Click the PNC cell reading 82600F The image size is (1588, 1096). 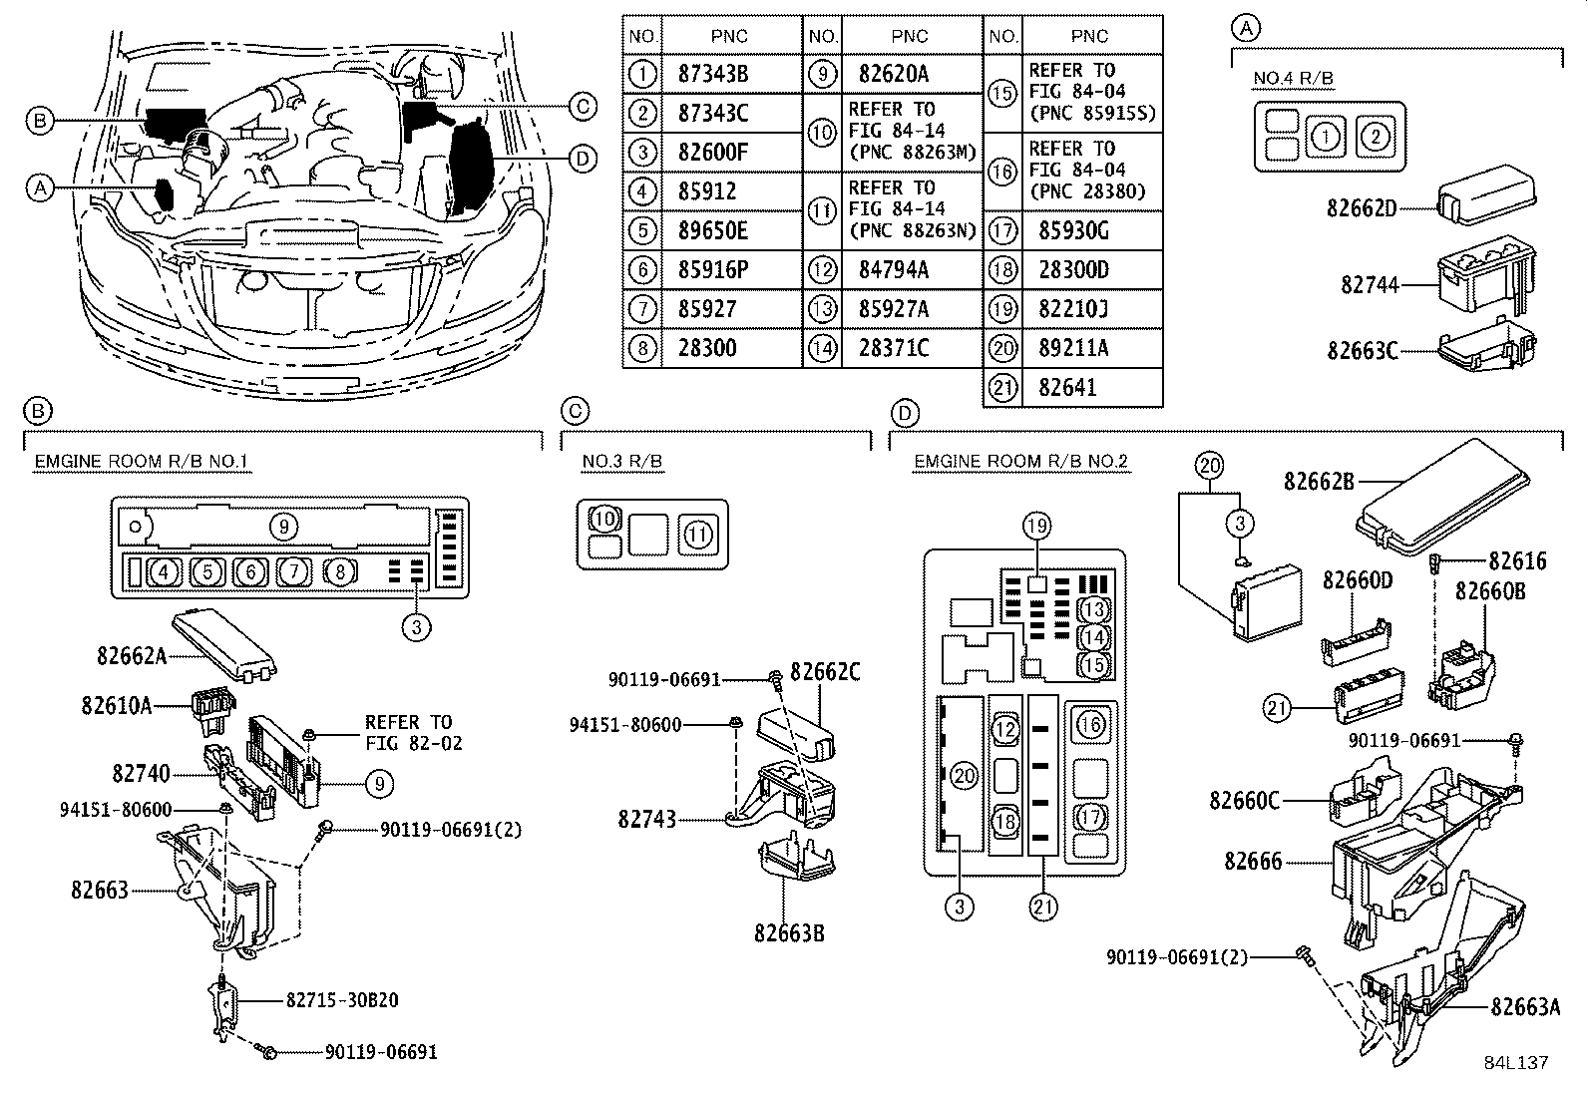click(713, 153)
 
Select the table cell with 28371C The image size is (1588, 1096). click(894, 348)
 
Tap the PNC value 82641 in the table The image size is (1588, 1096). click(1067, 387)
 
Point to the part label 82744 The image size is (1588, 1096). click(1370, 285)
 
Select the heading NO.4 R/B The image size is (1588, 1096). click(1293, 79)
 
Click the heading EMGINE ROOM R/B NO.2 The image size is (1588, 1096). click(1020, 461)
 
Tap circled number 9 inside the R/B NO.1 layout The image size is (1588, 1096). click(283, 525)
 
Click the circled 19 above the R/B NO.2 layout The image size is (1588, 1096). click(1036, 526)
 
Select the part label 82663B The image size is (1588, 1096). click(789, 933)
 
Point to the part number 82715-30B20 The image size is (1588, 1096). click(341, 999)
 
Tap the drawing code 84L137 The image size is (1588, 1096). click(1515, 1063)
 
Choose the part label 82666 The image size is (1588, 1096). click(1253, 861)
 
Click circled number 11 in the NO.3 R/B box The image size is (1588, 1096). click(697, 536)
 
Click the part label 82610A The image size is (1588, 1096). click(117, 705)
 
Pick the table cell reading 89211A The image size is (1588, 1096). click(1073, 348)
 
